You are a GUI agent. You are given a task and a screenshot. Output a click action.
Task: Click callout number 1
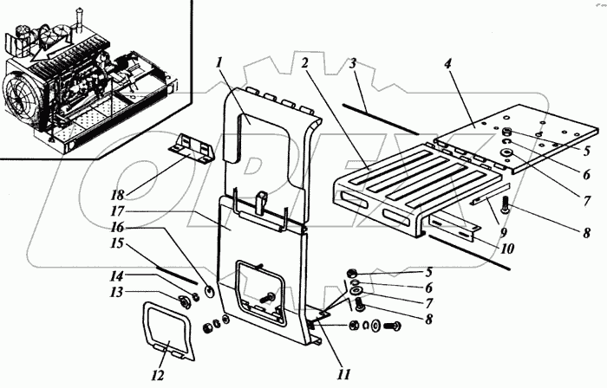tap(221, 63)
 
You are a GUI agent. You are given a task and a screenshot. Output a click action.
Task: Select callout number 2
tap(306, 63)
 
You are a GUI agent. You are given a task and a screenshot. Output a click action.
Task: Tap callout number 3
tap(354, 63)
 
